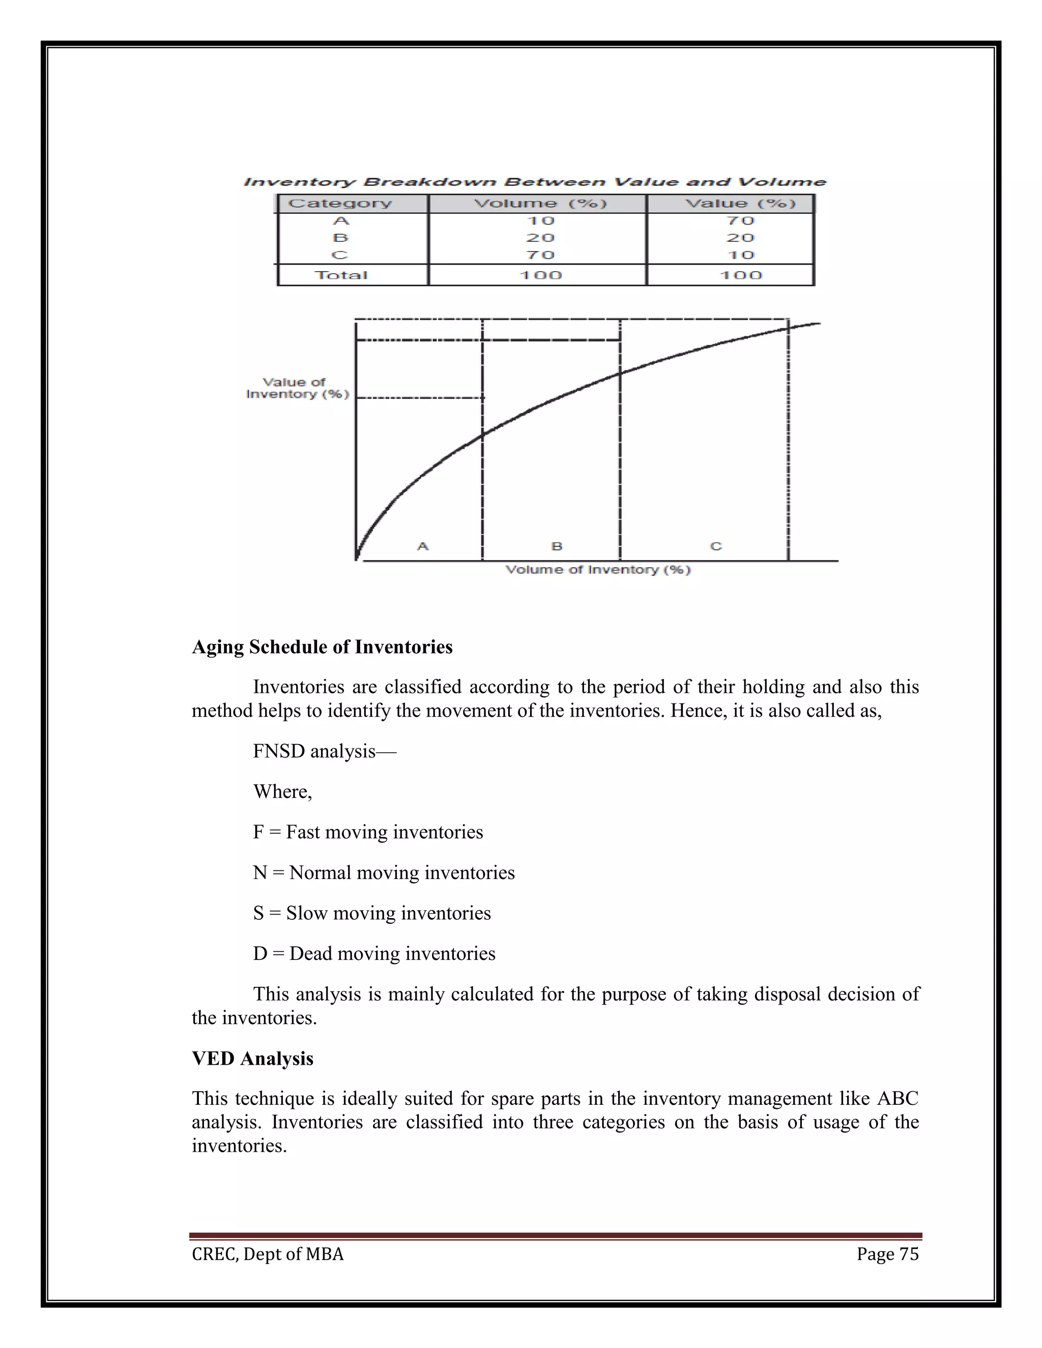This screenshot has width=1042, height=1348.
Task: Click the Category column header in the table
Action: click(340, 203)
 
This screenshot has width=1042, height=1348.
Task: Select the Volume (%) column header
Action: click(540, 203)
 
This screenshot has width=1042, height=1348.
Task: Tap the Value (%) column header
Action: click(740, 203)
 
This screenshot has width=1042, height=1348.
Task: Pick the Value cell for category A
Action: click(740, 221)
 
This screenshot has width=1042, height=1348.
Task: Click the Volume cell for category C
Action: click(540, 255)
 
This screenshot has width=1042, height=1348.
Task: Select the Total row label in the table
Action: click(341, 275)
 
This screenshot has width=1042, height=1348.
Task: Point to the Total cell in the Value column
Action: click(740, 275)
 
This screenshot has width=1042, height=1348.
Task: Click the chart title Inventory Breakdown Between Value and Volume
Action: click(535, 182)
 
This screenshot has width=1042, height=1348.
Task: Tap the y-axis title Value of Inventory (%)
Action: click(298, 388)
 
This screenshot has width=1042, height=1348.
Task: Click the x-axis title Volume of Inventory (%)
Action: click(597, 570)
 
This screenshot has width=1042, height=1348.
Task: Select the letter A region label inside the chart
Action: click(423, 546)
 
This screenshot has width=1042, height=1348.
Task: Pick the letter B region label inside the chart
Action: click(557, 546)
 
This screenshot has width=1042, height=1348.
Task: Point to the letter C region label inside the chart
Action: click(716, 546)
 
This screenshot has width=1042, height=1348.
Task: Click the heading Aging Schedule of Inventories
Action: click(322, 647)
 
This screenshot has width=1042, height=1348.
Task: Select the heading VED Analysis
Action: click(252, 1059)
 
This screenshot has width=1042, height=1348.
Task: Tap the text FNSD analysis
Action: click(315, 751)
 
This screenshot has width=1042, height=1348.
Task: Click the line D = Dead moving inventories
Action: click(374, 954)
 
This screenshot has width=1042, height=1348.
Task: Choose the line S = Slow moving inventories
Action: click(371, 913)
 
